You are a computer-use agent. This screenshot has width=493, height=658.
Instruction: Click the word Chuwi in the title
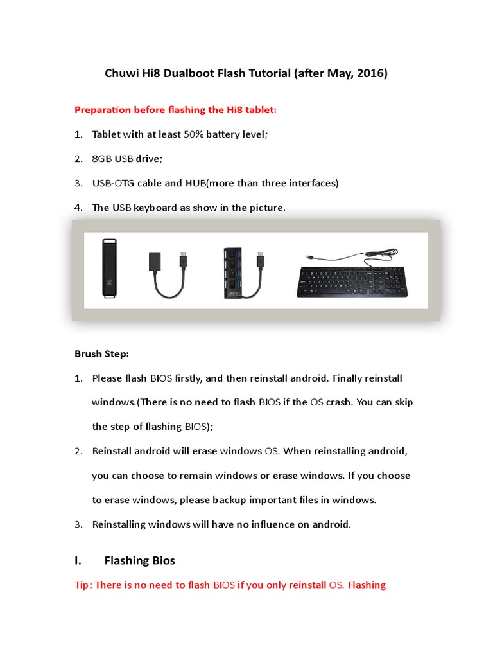pyautogui.click(x=119, y=74)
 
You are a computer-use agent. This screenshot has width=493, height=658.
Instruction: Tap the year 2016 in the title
pyautogui.click(x=372, y=74)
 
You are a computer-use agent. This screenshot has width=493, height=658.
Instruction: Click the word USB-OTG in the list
pyautogui.click(x=113, y=183)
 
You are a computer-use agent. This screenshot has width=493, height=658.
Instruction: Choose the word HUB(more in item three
pyautogui.click(x=210, y=183)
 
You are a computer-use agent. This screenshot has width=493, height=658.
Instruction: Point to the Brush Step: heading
pyautogui.click(x=101, y=354)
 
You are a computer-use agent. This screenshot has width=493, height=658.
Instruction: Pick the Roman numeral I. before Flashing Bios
pyautogui.click(x=78, y=561)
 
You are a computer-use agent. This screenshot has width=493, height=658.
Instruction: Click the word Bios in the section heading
pyautogui.click(x=163, y=561)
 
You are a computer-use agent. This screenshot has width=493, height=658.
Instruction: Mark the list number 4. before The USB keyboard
pyautogui.click(x=78, y=208)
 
